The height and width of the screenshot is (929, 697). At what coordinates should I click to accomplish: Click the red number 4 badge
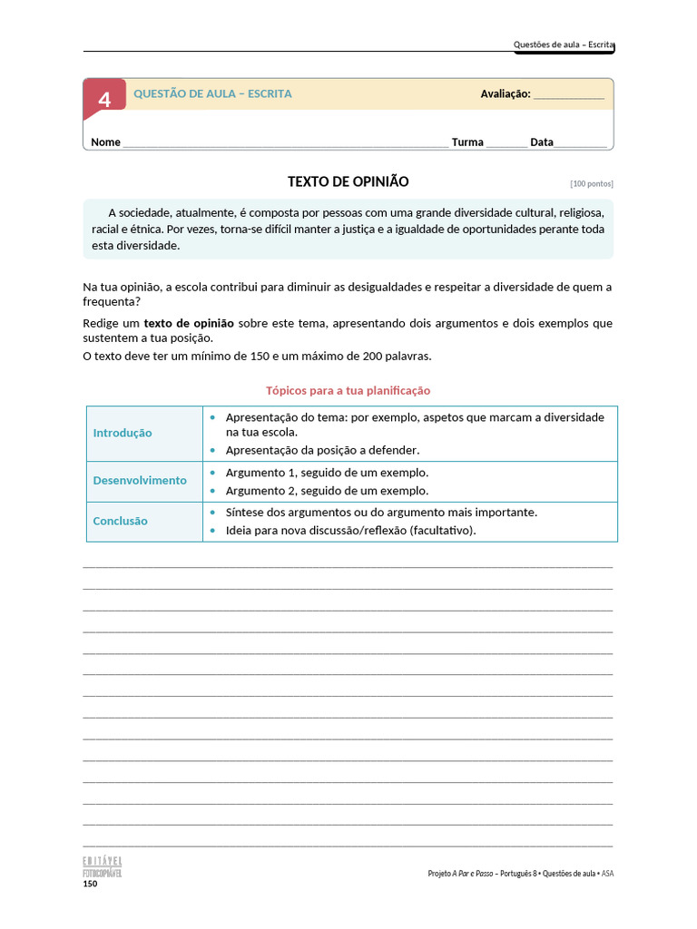point(104,99)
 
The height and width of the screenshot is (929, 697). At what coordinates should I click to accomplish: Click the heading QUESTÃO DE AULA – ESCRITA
point(212,94)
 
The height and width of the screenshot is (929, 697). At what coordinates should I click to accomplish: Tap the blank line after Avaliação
point(568,95)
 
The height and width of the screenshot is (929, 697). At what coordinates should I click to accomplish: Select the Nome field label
point(106,142)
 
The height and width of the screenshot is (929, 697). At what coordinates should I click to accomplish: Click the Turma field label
point(467,142)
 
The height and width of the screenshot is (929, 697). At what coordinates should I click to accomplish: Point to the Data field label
point(542,142)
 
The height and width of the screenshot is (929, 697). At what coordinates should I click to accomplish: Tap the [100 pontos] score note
point(591,183)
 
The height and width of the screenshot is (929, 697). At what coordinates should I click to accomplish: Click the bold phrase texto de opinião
point(189,323)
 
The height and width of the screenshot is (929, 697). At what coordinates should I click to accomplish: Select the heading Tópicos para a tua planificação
point(348,391)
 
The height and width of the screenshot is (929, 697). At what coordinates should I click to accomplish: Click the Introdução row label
point(123,433)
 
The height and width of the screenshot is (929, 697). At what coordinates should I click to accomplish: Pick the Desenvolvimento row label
point(140,481)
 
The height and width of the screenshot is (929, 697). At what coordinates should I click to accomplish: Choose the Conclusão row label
point(120,522)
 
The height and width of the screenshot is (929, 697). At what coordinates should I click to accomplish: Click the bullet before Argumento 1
point(212,473)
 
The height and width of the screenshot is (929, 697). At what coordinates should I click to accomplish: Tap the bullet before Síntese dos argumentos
point(212,513)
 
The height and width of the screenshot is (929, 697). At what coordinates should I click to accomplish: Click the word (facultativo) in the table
point(442,531)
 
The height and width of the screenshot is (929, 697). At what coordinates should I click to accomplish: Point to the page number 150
point(90,884)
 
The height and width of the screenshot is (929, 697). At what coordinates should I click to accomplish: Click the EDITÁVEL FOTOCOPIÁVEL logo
point(102,866)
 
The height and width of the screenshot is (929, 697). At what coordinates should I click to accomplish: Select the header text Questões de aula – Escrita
point(564,44)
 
